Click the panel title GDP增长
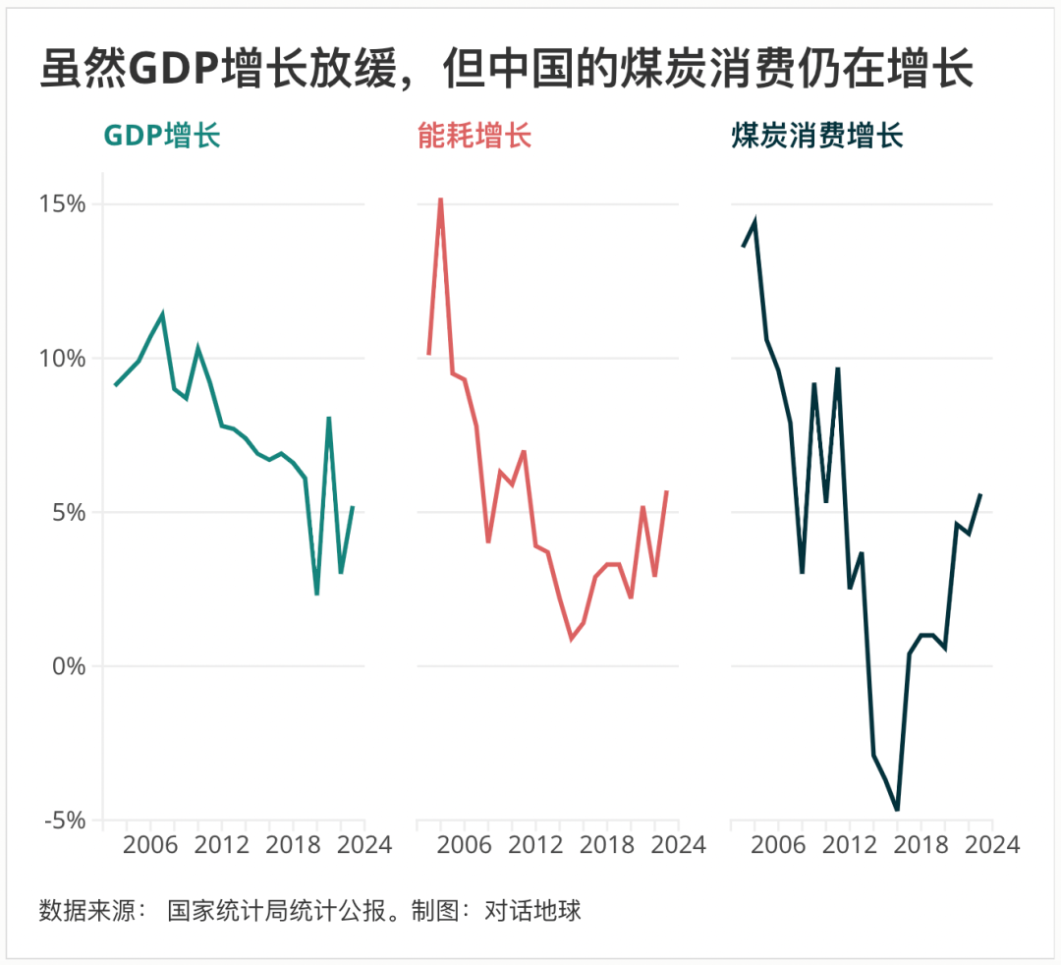click(162, 136)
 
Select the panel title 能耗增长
click(475, 136)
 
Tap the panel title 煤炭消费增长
click(816, 136)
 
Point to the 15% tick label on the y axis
click(62, 204)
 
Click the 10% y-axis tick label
click(62, 359)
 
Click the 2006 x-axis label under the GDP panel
click(150, 845)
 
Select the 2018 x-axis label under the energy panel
click(606, 845)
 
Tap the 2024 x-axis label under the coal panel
click(992, 845)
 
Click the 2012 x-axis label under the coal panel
click(850, 845)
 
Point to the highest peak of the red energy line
click(440, 199)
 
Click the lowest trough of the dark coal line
click(897, 810)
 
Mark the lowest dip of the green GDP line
click(316, 594)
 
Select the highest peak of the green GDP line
click(162, 314)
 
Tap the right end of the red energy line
click(667, 490)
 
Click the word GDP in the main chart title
click(175, 71)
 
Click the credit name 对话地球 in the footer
click(532, 910)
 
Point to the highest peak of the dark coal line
click(754, 222)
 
